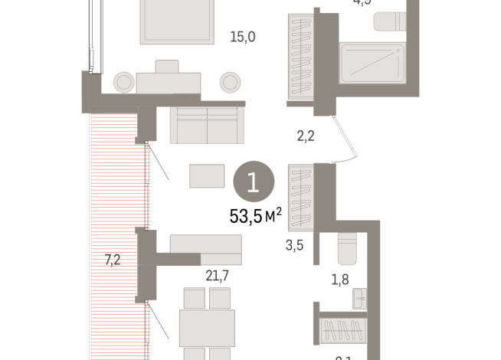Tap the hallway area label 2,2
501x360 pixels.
tap(307, 138)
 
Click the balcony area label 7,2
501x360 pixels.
tap(113, 260)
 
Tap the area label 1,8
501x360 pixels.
tap(339, 279)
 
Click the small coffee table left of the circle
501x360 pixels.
tap(207, 176)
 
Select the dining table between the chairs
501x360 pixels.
tap(206, 327)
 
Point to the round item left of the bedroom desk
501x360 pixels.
tap(124, 81)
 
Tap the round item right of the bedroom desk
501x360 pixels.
tap(230, 81)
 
